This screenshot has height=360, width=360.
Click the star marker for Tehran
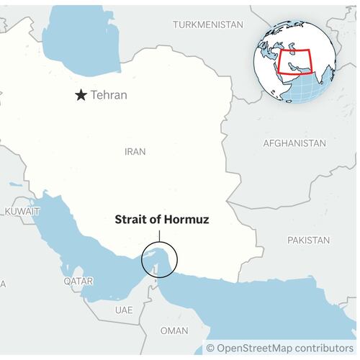(x=81, y=95)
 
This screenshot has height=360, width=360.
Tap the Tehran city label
(x=109, y=95)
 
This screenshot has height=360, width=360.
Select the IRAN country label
(x=135, y=152)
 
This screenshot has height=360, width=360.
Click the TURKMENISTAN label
(x=208, y=24)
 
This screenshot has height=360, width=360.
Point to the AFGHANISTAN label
(x=294, y=143)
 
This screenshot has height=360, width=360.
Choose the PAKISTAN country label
(x=308, y=240)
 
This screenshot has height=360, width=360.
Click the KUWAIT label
(x=22, y=212)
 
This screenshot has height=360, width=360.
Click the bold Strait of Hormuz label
(x=162, y=220)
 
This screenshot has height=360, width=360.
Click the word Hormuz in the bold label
(x=186, y=220)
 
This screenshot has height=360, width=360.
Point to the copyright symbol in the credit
(x=211, y=348)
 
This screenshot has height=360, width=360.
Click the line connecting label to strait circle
(x=160, y=235)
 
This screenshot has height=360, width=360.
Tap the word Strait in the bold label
(x=131, y=220)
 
